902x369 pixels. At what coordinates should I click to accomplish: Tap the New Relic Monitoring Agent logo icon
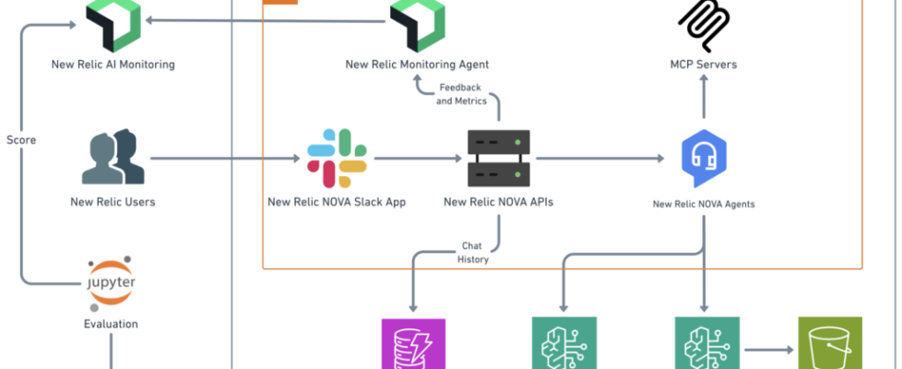point(417,24)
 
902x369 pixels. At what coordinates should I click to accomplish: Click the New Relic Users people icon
point(113,159)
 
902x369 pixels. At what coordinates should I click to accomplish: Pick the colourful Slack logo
point(336,159)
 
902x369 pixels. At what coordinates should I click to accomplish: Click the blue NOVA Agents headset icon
point(703,159)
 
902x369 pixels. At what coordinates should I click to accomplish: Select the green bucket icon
point(829,344)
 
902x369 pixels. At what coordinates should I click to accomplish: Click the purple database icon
point(413,344)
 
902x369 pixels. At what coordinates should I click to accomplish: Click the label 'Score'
point(21,140)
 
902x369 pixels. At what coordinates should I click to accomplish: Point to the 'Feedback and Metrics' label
point(458,94)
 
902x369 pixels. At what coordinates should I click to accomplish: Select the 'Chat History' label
point(471,253)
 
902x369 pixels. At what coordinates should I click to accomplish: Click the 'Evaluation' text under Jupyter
point(112,324)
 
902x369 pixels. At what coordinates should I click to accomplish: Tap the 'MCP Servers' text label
point(703,65)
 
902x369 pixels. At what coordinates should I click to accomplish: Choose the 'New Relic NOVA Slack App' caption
point(336,202)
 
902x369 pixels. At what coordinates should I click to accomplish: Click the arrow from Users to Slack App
point(226,159)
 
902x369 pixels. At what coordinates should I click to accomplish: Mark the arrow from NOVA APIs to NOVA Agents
point(599,159)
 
